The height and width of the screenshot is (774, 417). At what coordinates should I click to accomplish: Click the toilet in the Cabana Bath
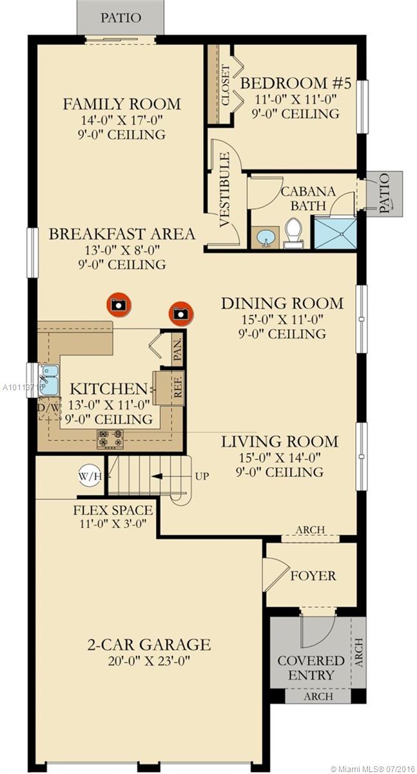pos(294,233)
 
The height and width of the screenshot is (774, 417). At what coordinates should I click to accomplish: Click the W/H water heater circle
pos(90,477)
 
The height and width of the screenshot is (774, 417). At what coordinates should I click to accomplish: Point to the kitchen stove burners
pos(110,439)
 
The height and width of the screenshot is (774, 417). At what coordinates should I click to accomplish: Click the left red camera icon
pos(117,303)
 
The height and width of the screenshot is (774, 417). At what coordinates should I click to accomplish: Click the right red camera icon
pos(181,313)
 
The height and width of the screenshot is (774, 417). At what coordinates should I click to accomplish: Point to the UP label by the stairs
pos(202,477)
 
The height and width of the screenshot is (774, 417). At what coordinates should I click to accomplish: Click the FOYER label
pos(313,575)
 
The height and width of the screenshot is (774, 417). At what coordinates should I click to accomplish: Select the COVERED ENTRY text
pos(311,668)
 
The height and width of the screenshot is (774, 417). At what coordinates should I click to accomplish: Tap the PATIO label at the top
pos(120,17)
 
